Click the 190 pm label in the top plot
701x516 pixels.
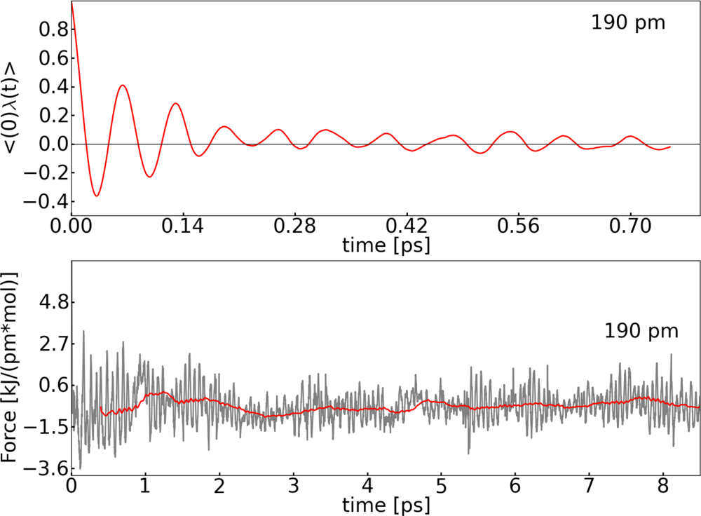pos(627,22)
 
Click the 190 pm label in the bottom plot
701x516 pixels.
pos(641,330)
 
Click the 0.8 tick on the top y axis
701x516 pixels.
pos(50,30)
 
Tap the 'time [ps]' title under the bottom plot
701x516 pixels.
pos(386,504)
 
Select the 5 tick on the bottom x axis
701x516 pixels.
pos(441,486)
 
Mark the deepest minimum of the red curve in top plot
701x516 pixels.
pos(97,196)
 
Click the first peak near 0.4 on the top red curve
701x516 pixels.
pos(123,86)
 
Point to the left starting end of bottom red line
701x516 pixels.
pos(102,408)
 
